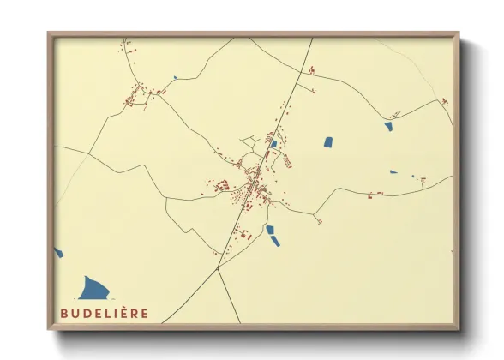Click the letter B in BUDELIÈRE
tap(64, 314)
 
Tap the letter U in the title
tap(75, 314)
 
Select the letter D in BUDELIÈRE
tap(87, 314)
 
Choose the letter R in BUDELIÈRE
tap(136, 314)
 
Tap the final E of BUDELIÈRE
tap(146, 314)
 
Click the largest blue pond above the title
tap(94, 288)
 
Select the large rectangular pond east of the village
tap(327, 142)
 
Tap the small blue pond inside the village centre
tap(273, 144)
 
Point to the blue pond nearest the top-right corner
tap(388, 126)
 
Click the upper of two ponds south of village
tap(270, 229)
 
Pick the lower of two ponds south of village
tap(274, 240)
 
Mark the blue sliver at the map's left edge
tap(58, 253)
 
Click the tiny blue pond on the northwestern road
tap(175, 78)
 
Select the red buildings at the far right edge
tap(444, 101)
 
